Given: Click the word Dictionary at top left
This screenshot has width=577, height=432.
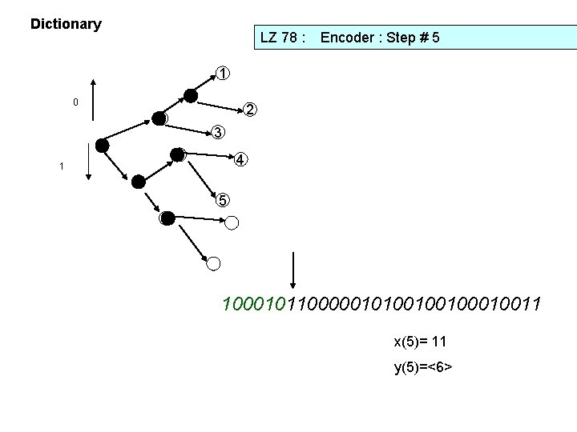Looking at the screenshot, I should [x=66, y=24].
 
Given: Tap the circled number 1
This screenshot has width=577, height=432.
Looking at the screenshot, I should [x=223, y=74].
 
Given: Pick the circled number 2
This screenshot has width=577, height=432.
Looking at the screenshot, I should [x=250, y=109].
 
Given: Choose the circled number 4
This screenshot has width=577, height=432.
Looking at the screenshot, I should [x=241, y=159].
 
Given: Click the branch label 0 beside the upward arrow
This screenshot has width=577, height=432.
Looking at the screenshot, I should [x=75, y=102].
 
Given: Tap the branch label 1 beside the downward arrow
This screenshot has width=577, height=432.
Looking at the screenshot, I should [x=61, y=166].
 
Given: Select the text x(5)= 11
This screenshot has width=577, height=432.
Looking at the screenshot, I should [x=420, y=342].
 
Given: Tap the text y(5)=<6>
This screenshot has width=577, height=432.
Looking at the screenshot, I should [x=423, y=367].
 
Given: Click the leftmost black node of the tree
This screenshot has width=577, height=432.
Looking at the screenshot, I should [x=102, y=145].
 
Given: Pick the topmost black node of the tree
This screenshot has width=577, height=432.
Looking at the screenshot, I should [x=190, y=96].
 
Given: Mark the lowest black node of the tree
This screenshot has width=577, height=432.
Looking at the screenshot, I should [x=167, y=218].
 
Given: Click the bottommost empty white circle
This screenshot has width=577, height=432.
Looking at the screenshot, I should [x=213, y=262].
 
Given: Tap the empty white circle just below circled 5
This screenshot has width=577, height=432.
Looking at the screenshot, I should [x=232, y=222].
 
